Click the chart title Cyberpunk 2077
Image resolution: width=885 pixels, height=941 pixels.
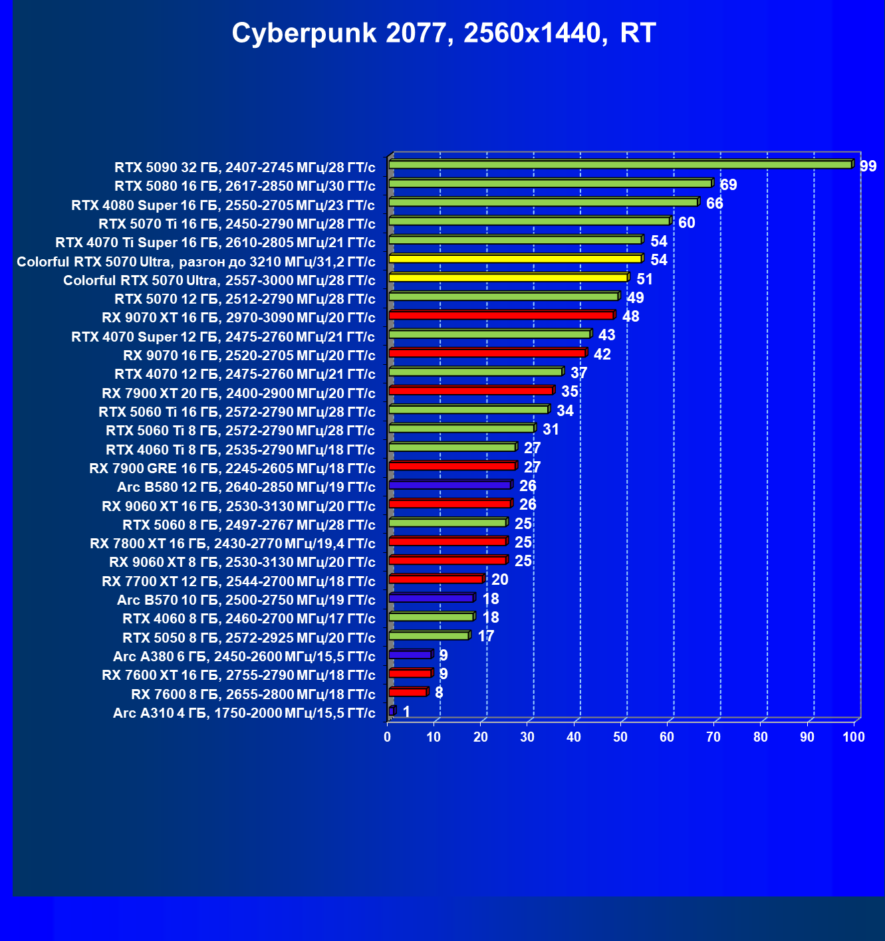coord(443,33)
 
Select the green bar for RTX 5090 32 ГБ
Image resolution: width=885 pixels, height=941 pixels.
coord(620,164)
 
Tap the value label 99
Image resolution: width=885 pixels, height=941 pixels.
coord(868,166)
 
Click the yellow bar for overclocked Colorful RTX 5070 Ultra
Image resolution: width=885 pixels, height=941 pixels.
coord(515,259)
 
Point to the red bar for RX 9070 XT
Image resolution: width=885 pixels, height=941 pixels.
coord(501,315)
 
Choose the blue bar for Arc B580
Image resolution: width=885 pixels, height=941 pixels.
coord(449,485)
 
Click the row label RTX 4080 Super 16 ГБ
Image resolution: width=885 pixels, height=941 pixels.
coord(223,205)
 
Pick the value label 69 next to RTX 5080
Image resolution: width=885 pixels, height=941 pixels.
coord(728,185)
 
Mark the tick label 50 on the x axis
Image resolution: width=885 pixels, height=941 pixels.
coord(620,737)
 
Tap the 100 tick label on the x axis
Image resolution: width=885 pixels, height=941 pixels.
coord(853,737)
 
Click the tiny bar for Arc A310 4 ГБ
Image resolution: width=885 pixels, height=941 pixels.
coord(392,711)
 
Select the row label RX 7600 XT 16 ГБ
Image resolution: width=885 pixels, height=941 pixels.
coord(239,675)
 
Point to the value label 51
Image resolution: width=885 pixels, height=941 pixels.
coord(644,279)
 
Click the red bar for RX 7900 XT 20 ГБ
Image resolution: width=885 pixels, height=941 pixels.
coord(471,391)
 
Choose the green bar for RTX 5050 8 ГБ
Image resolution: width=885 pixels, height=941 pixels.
coord(429,636)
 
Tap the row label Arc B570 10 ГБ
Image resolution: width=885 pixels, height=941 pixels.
coord(246,600)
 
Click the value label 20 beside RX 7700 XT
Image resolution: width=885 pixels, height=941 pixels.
coord(499,579)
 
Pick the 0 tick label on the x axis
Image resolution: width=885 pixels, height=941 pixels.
coord(388,737)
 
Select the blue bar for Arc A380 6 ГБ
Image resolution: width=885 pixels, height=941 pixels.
coord(410,655)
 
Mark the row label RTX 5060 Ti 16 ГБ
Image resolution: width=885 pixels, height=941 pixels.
coord(237,412)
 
